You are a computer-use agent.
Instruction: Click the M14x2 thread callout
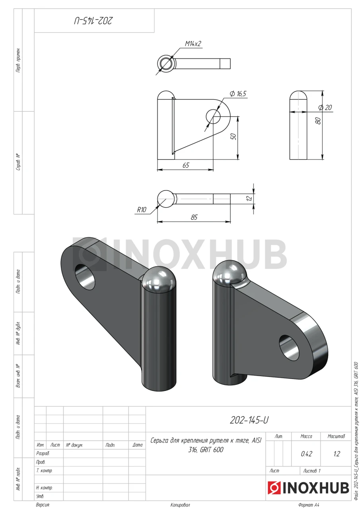tap(193, 43)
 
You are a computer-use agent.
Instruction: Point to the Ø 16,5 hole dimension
tap(238, 94)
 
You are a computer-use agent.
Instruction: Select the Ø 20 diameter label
tap(325, 107)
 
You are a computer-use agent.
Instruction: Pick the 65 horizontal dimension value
tap(186, 165)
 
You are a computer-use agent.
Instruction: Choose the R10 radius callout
tap(141, 210)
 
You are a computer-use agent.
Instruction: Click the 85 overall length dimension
tap(194, 217)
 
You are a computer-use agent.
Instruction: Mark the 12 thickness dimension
tap(249, 198)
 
